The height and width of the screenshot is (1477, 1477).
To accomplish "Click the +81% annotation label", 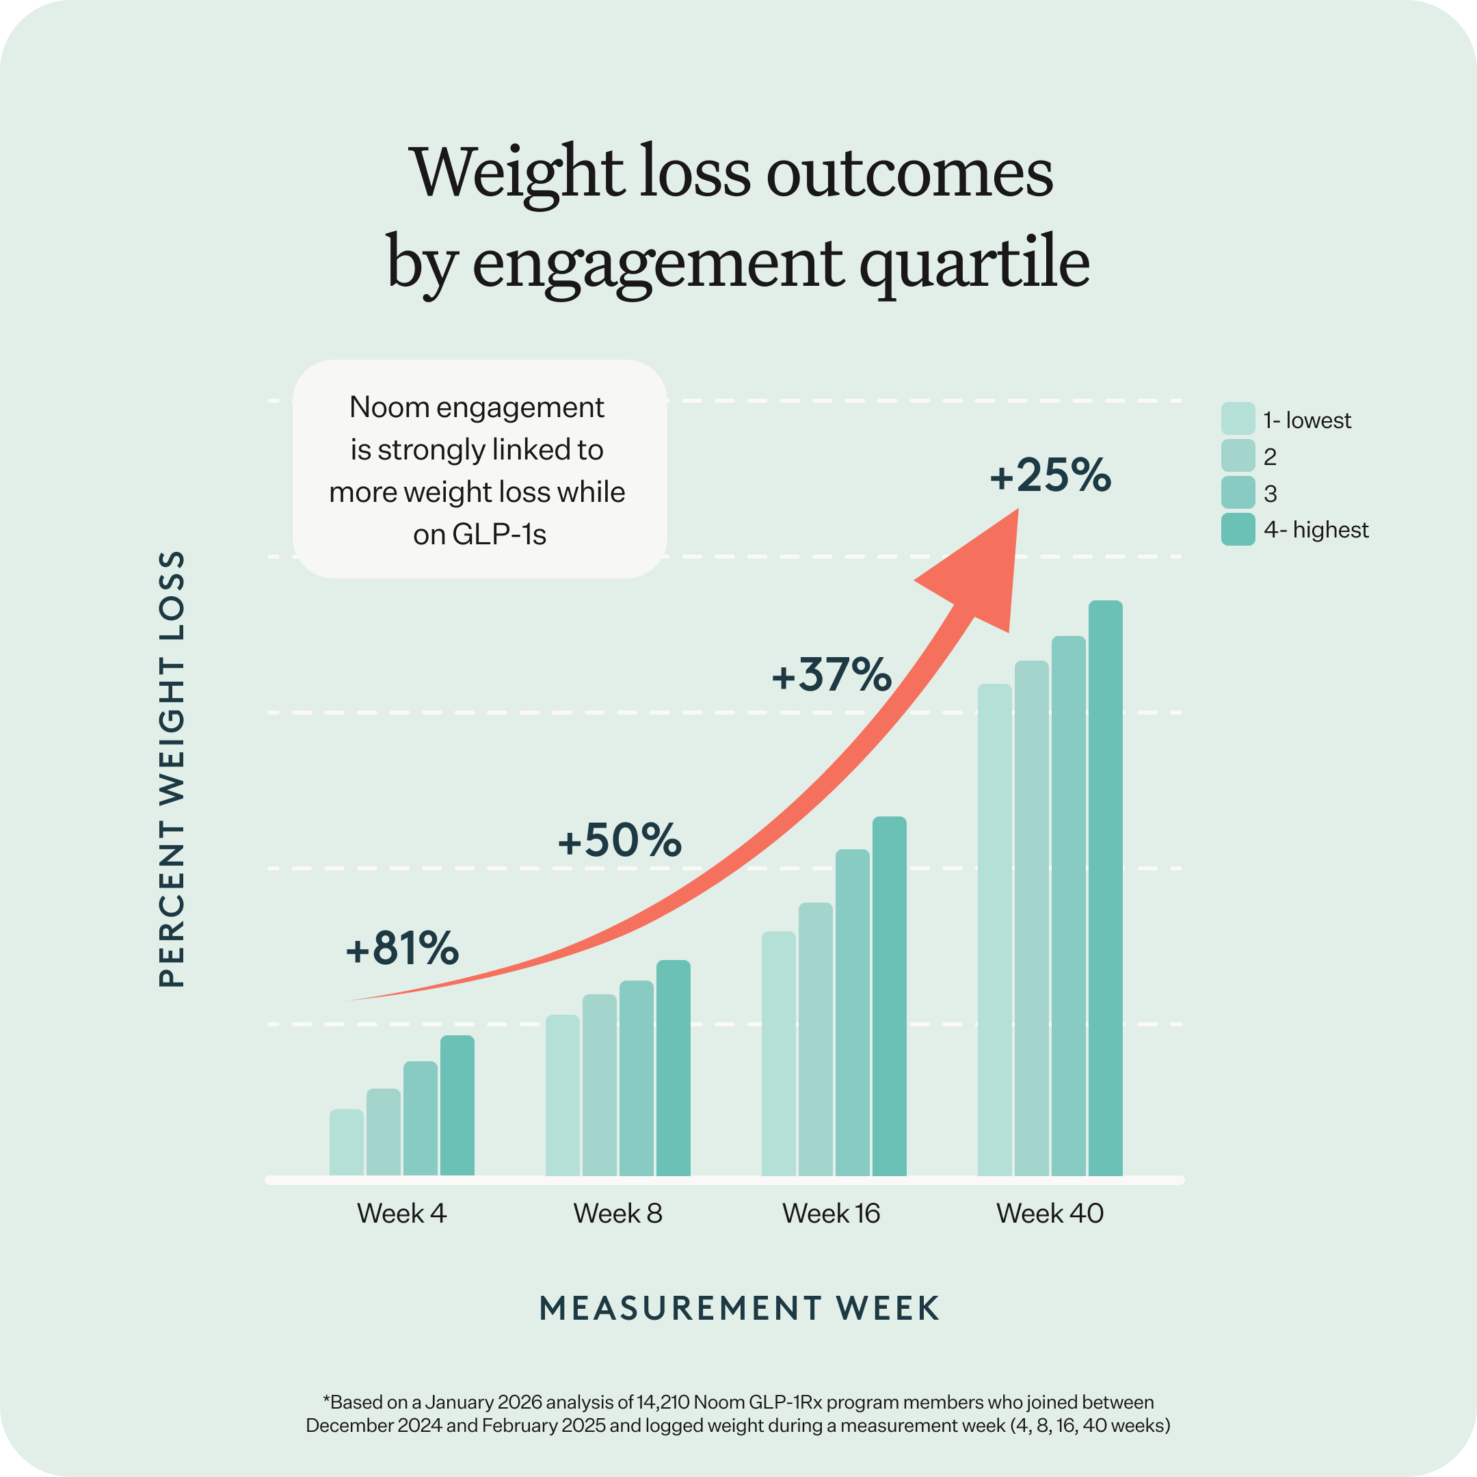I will (x=402, y=948).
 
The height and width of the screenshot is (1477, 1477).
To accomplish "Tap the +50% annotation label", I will (x=620, y=840).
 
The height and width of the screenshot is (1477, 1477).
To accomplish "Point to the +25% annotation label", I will (x=1050, y=475).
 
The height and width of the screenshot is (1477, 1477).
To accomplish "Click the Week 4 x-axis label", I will (x=401, y=1213).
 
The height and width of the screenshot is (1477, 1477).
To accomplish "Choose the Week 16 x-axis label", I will (x=831, y=1213).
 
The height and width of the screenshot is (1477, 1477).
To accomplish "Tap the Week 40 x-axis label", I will (x=1050, y=1213).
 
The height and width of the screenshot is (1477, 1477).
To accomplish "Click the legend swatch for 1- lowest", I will (x=1238, y=419).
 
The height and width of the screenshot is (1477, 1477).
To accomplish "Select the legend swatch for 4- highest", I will (x=1238, y=529).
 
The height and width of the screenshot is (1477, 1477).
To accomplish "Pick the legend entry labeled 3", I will (x=1270, y=494).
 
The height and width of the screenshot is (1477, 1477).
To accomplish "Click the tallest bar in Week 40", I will (x=1106, y=887).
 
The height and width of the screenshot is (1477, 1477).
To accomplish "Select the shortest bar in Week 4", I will (x=346, y=1142).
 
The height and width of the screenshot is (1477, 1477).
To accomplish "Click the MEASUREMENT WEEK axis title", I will (x=738, y=1308).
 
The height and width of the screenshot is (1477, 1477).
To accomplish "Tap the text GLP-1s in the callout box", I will (x=499, y=534).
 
